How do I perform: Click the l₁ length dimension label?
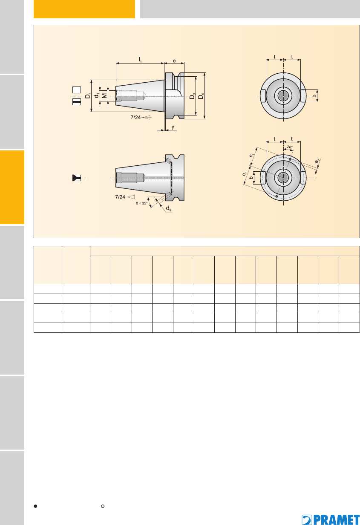[140, 60]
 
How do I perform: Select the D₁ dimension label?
[88, 96]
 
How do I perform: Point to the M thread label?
[104, 95]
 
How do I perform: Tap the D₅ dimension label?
[201, 96]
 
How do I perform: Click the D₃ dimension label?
[193, 96]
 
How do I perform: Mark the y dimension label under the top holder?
[173, 127]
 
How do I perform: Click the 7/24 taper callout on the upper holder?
[135, 117]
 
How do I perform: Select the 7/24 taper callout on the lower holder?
[120, 197]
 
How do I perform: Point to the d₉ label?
[169, 208]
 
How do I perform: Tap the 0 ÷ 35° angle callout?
[141, 203]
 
